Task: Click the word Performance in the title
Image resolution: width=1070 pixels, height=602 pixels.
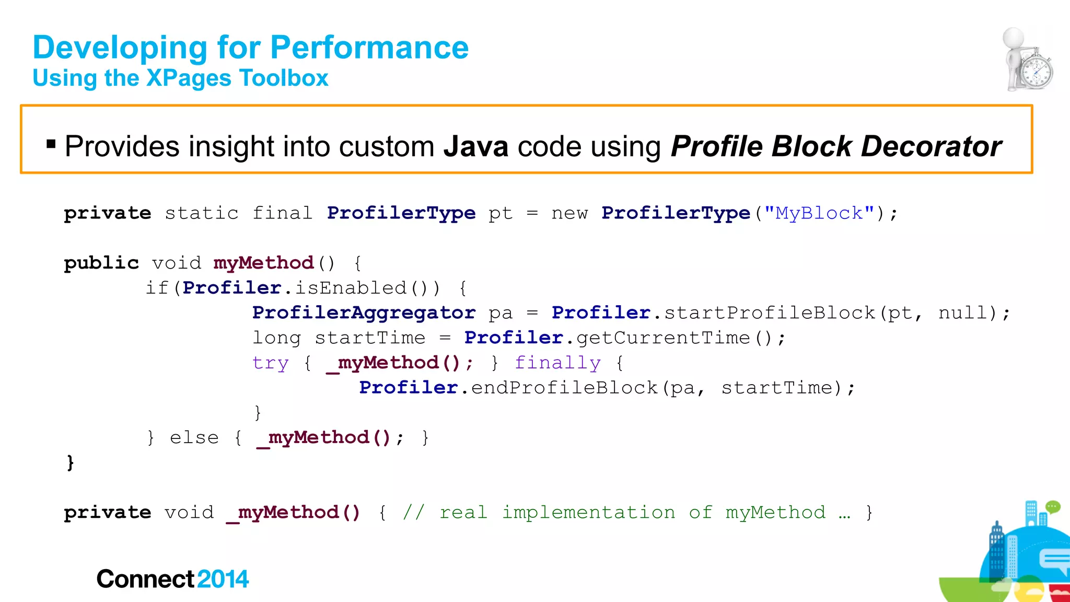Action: [x=369, y=48]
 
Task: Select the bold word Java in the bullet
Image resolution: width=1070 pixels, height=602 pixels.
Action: [x=475, y=146]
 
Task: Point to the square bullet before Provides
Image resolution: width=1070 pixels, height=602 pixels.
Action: [x=51, y=144]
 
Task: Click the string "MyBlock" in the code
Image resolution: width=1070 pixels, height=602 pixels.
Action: [x=819, y=213]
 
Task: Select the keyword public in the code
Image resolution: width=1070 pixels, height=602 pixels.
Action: [x=101, y=263]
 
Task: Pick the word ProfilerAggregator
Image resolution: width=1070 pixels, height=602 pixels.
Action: [x=364, y=313]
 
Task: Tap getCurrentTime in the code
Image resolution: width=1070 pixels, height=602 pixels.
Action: [x=663, y=338]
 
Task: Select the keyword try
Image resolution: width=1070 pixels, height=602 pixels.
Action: [x=270, y=363]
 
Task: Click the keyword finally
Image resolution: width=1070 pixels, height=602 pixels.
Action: [x=557, y=363]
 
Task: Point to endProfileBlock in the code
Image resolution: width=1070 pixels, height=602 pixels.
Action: [x=564, y=388]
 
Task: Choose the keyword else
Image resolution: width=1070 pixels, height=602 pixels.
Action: [x=194, y=437]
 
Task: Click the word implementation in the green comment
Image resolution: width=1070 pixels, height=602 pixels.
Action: [x=588, y=513]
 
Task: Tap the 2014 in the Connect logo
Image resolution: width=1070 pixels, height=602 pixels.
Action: [x=223, y=579]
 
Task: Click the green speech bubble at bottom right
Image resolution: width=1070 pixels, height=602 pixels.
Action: [x=1052, y=506]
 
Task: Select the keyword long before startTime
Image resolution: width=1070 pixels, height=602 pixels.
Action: [x=276, y=338]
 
